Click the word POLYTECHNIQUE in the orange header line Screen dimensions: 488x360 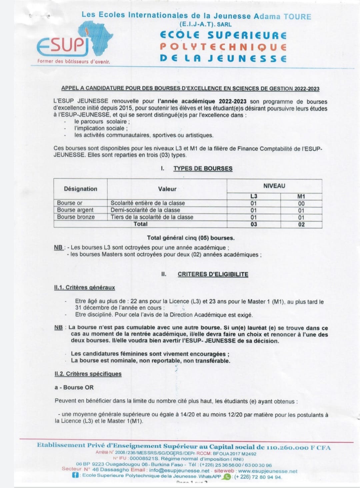pyautogui.click(x=223, y=47)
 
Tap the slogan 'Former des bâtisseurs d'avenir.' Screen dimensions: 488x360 pyautogui.click(x=74, y=61)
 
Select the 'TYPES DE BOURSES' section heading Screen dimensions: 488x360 pyautogui.click(x=203, y=168)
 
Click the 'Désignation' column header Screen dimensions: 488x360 pyautogui.click(x=81, y=189)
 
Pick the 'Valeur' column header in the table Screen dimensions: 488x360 pyautogui.click(x=167, y=189)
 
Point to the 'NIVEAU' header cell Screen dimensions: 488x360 pyautogui.click(x=274, y=186)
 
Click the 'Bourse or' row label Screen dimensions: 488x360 pyautogui.click(x=70, y=203)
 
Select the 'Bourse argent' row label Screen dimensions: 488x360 pyautogui.click(x=75, y=210)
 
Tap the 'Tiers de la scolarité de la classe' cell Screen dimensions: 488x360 pyautogui.click(x=152, y=217)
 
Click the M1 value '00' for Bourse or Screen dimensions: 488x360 pyautogui.click(x=301, y=203)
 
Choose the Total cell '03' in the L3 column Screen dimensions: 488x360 pyautogui.click(x=254, y=224)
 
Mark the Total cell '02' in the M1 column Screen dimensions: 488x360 pyautogui.click(x=301, y=224)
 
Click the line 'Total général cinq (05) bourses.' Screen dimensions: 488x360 pyautogui.click(x=191, y=238)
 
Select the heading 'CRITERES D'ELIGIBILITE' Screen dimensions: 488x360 pyautogui.click(x=213, y=274)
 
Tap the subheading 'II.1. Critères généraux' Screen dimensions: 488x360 pyautogui.click(x=85, y=287)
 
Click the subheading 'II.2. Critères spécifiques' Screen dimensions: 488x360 pyautogui.click(x=88, y=374)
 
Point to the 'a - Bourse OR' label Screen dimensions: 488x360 pyautogui.click(x=74, y=387)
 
